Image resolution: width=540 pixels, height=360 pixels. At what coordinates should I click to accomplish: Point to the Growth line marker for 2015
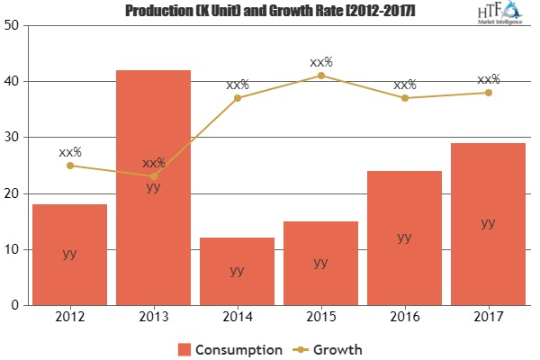coord(320,75)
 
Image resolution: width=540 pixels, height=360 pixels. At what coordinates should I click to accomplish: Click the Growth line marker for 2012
coord(69,165)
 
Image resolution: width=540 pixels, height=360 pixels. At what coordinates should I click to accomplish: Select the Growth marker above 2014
coord(237,97)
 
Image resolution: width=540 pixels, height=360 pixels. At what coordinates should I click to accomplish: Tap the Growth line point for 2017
coord(488,92)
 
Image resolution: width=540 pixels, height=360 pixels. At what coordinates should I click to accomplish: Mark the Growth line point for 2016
coord(404,97)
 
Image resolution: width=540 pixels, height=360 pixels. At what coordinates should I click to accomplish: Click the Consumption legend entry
coord(229,347)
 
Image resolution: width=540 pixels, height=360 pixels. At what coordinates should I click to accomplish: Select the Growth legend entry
coord(332,347)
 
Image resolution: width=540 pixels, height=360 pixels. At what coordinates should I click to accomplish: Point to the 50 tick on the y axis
coord(12,25)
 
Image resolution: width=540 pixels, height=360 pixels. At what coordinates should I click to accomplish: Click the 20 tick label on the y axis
coord(12,193)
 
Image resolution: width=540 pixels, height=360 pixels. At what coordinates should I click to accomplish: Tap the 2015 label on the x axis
coord(320,318)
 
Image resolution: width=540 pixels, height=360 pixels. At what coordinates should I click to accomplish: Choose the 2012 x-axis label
coord(69,318)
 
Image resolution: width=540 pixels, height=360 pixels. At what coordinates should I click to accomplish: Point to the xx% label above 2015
coord(320,62)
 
